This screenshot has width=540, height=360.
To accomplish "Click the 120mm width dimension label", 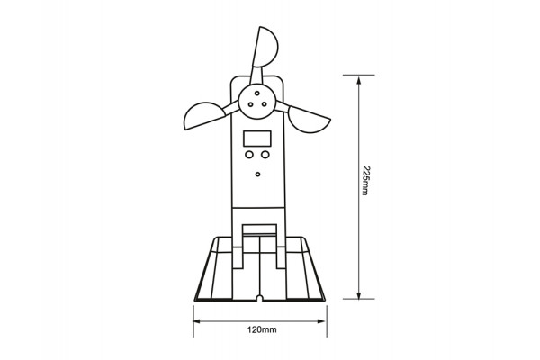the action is (x=262, y=329).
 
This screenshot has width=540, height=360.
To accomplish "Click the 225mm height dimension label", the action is (x=365, y=181).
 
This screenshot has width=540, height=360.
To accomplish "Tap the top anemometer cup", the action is (x=265, y=47).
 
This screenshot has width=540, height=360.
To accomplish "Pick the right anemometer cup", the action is (x=308, y=120).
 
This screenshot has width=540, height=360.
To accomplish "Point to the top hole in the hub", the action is (x=257, y=94).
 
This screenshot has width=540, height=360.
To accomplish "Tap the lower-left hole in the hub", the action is (x=251, y=104).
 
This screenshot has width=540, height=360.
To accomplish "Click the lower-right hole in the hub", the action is (x=264, y=104).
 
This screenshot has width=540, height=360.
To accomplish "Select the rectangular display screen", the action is (x=257, y=139).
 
